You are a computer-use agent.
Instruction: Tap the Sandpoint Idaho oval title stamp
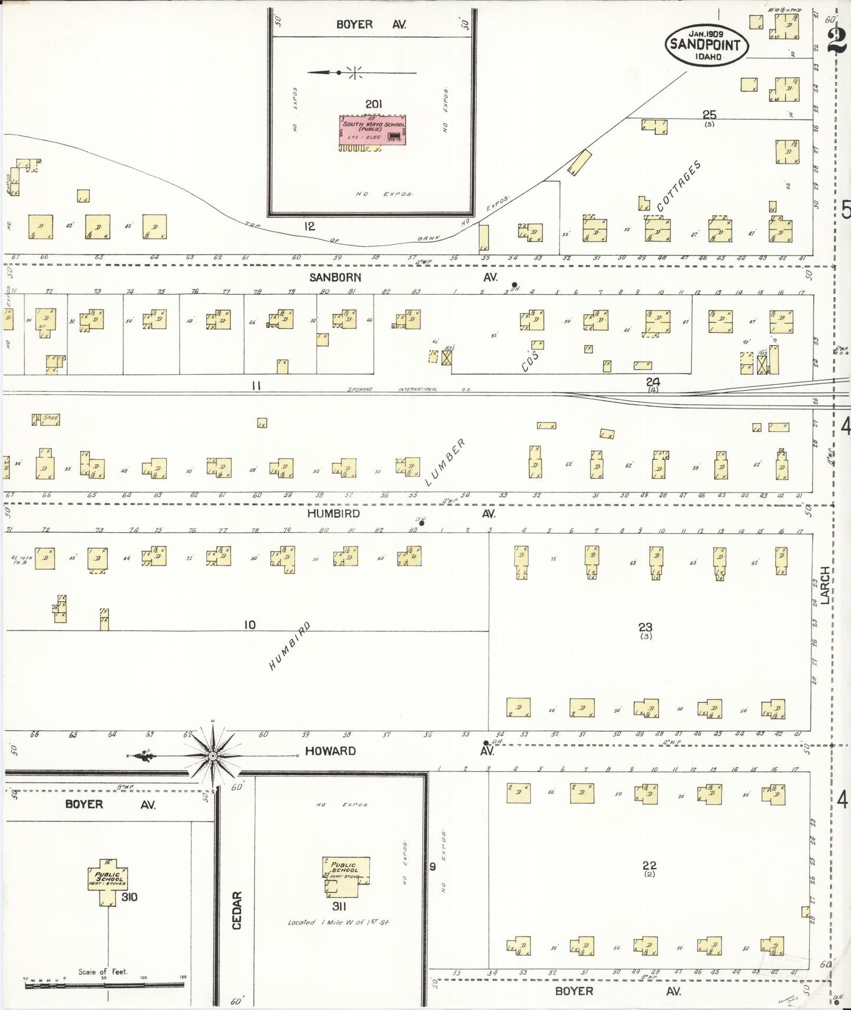coord(706,44)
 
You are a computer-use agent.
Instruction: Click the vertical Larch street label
coord(825,585)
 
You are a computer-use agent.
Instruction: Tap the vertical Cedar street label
coord(237,910)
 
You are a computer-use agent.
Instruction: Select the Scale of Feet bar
coord(104,984)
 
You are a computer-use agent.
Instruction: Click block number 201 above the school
coord(373,104)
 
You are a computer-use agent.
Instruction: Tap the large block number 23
coord(645,627)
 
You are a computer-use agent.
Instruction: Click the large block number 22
coord(649,866)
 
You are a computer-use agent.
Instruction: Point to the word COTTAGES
coord(679,186)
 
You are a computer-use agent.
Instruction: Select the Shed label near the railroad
coord(50,418)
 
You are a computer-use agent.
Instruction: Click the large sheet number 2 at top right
coord(837,41)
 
